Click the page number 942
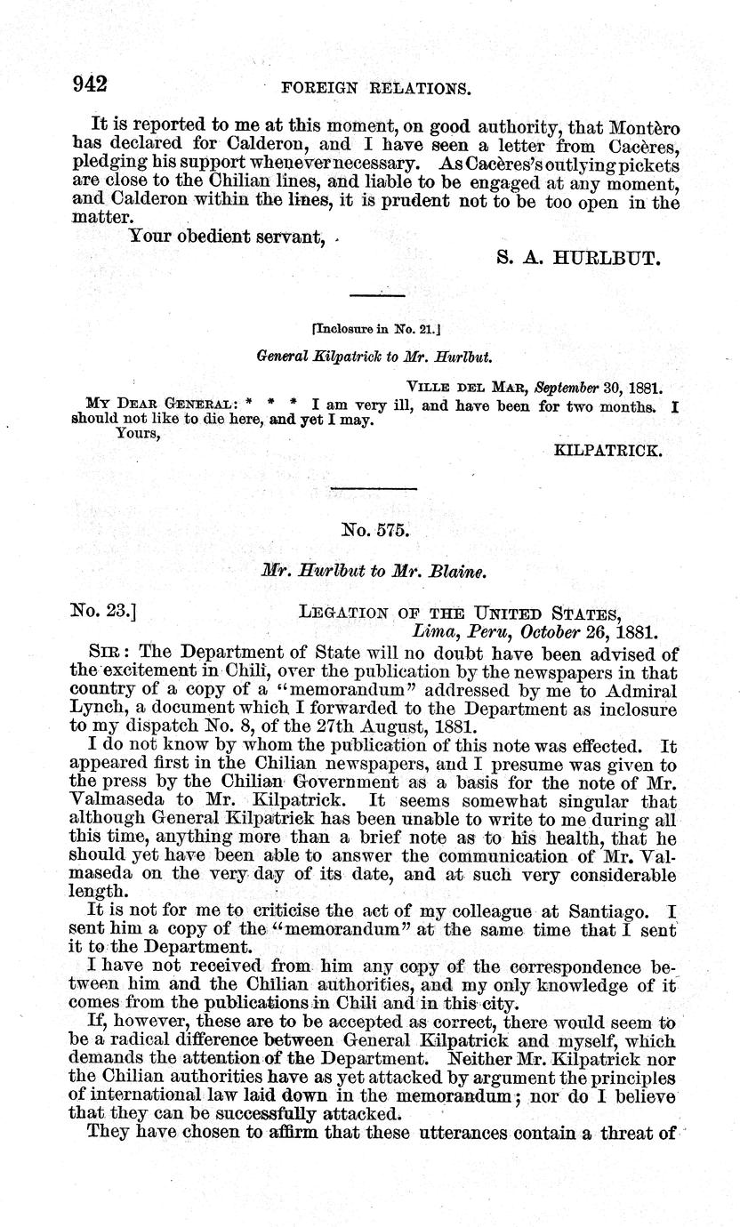click(x=89, y=84)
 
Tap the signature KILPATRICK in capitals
click(x=607, y=451)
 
